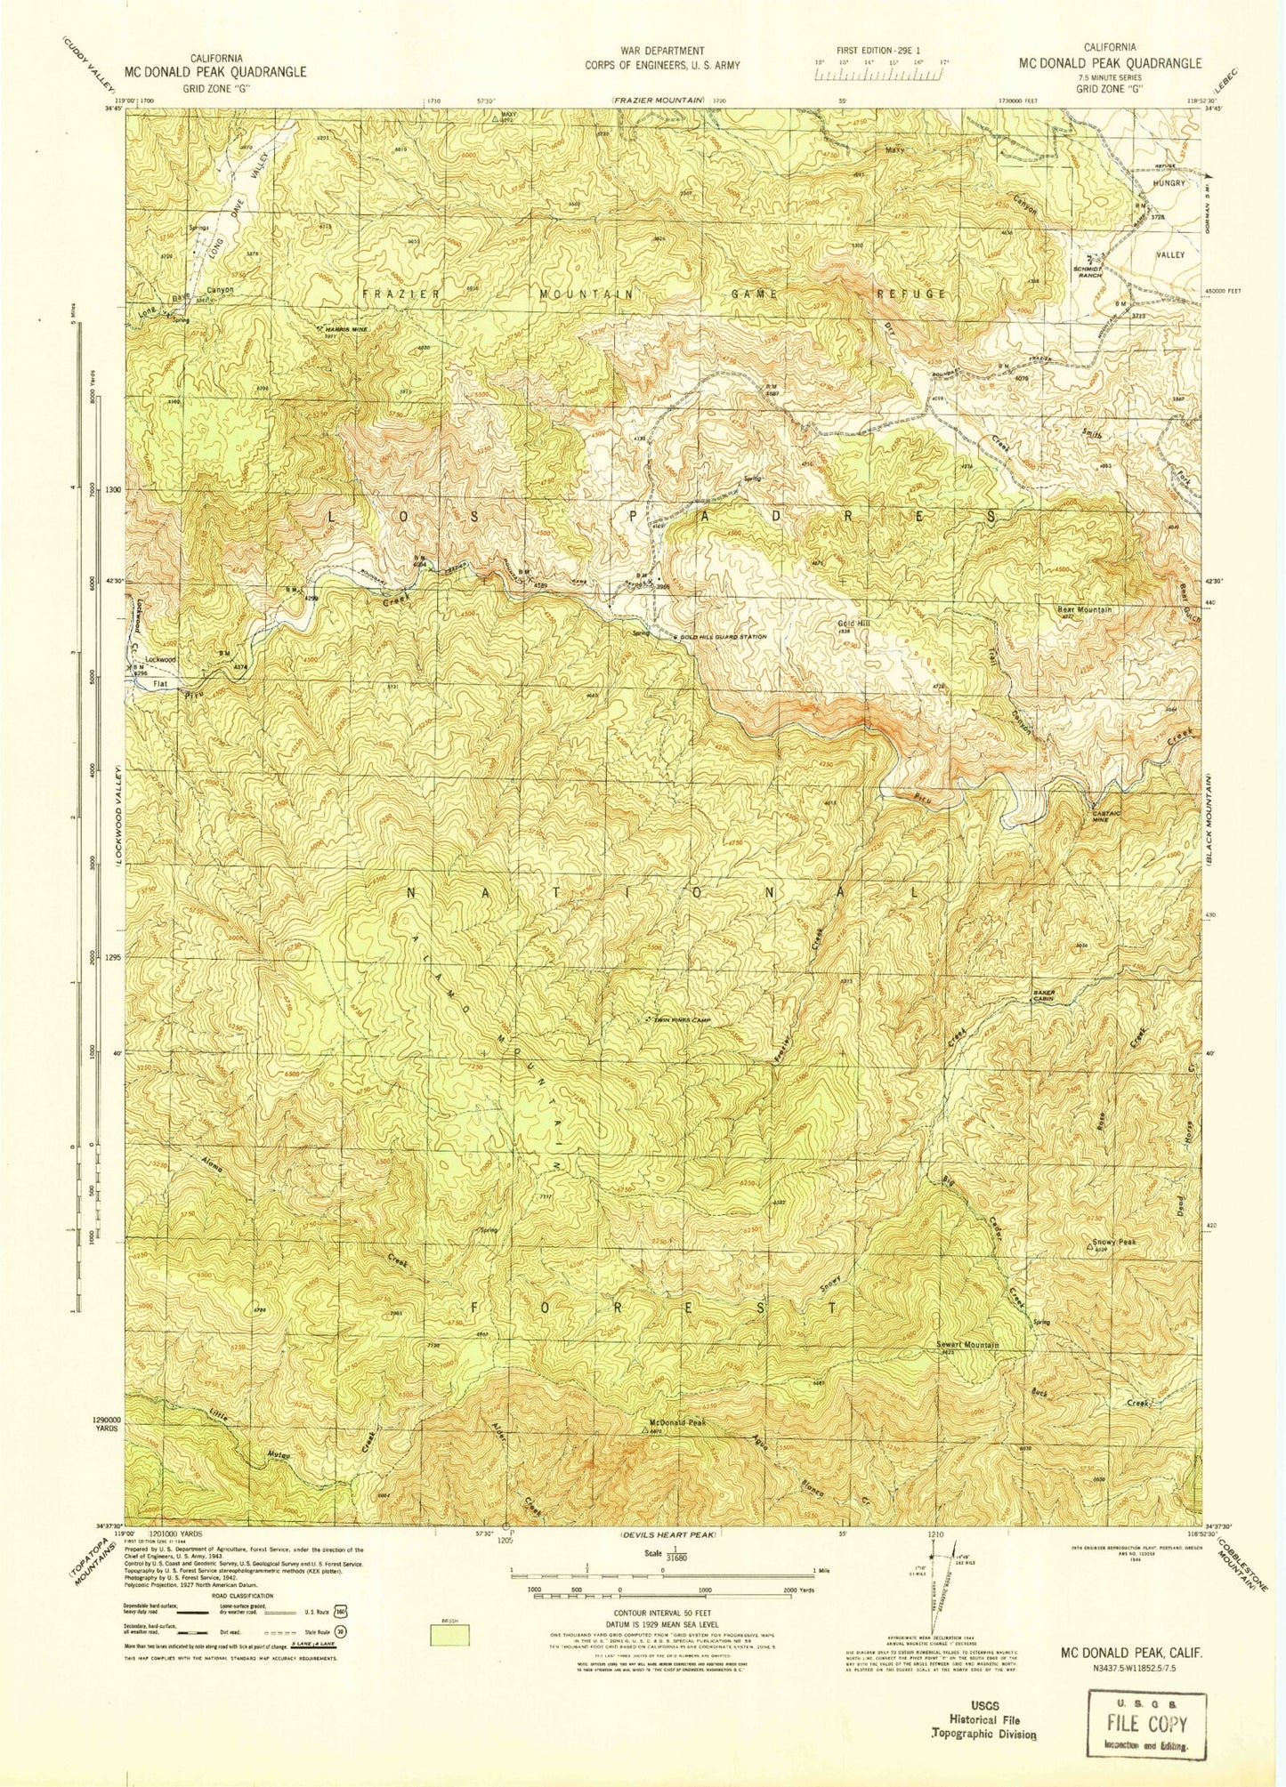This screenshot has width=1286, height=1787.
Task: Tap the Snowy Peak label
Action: tap(1114, 1243)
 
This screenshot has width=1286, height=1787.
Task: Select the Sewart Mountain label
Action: tap(967, 1345)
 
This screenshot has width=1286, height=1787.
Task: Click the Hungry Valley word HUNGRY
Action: tap(1169, 182)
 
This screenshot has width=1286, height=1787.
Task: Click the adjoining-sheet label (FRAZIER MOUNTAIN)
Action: tap(659, 101)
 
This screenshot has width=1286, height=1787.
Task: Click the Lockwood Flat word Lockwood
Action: tap(160, 659)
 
